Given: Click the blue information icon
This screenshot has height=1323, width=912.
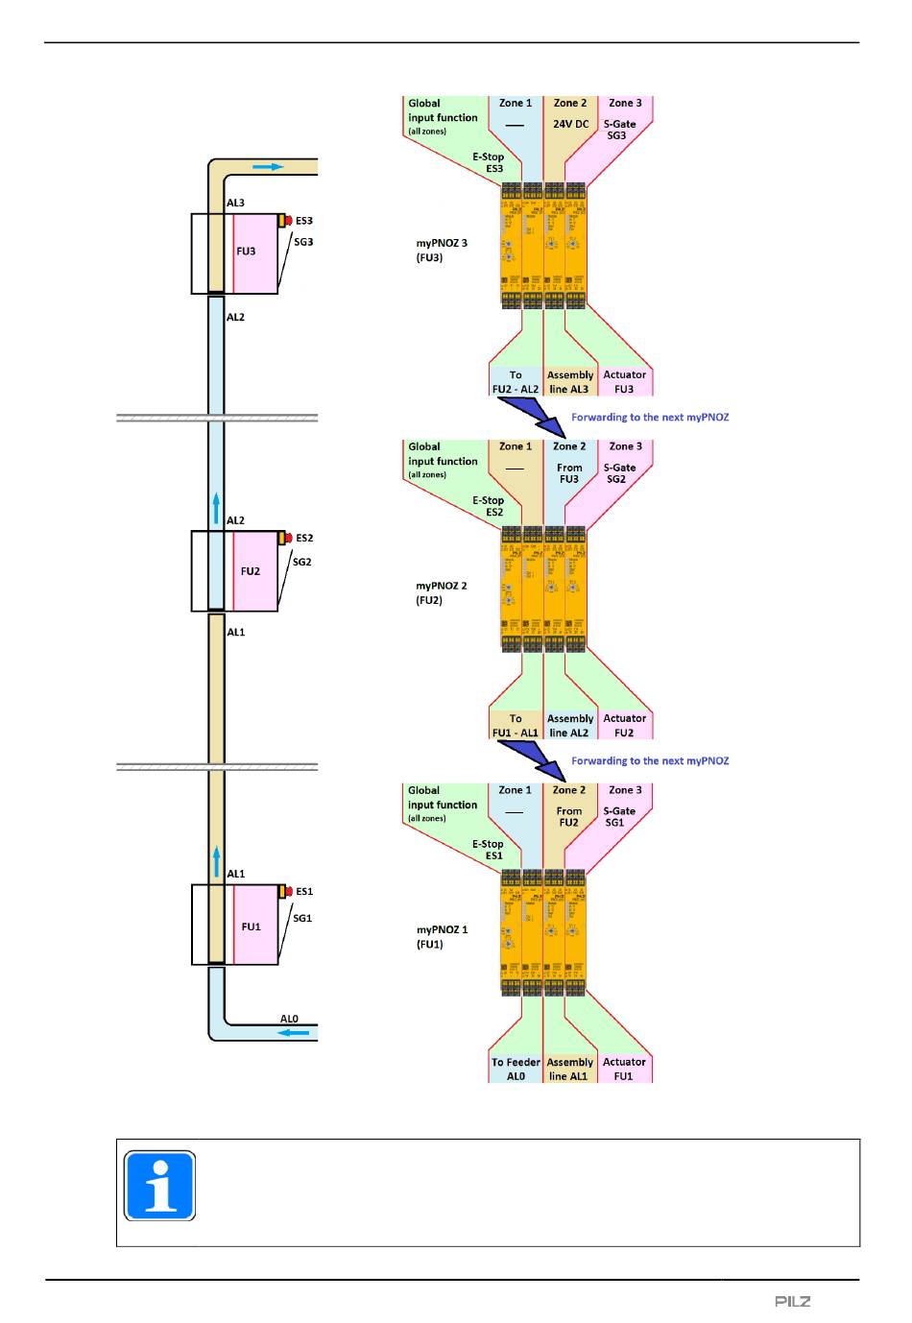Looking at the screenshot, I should click(x=160, y=1186).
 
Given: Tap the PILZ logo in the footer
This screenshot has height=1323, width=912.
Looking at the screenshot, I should click(x=793, y=1302).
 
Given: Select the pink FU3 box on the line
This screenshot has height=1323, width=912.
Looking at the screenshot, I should click(x=255, y=253).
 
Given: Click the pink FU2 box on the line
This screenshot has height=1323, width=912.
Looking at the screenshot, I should click(x=255, y=571).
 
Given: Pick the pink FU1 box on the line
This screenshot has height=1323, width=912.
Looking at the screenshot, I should click(x=255, y=926).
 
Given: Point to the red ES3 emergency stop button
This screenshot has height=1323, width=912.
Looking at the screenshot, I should click(x=287, y=221).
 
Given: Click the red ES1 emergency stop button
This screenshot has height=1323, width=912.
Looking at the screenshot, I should click(x=287, y=892).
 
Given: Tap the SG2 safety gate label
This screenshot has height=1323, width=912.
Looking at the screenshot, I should click(x=301, y=563).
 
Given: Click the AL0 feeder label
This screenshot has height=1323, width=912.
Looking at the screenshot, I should click(x=289, y=1020).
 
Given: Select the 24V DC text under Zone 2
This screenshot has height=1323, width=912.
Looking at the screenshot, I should click(x=570, y=124).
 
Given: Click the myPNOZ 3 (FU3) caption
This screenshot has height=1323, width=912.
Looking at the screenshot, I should click(x=442, y=251).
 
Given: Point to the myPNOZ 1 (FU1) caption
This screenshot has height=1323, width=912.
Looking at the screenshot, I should click(x=442, y=937).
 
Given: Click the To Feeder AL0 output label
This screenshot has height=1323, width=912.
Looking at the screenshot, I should click(x=516, y=1070).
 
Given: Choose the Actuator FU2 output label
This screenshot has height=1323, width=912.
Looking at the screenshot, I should click(x=624, y=726).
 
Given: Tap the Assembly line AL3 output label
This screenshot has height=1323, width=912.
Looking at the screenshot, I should click(x=569, y=382).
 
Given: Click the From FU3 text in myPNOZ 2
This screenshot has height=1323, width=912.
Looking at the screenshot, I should click(x=569, y=473).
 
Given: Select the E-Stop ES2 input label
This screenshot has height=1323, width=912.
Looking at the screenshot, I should click(x=489, y=506).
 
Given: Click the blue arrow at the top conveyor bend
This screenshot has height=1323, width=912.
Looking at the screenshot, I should click(x=269, y=167).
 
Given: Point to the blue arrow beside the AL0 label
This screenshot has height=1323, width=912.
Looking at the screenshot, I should click(x=294, y=1034).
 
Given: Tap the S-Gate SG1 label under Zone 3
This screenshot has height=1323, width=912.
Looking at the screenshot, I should click(x=618, y=817).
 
